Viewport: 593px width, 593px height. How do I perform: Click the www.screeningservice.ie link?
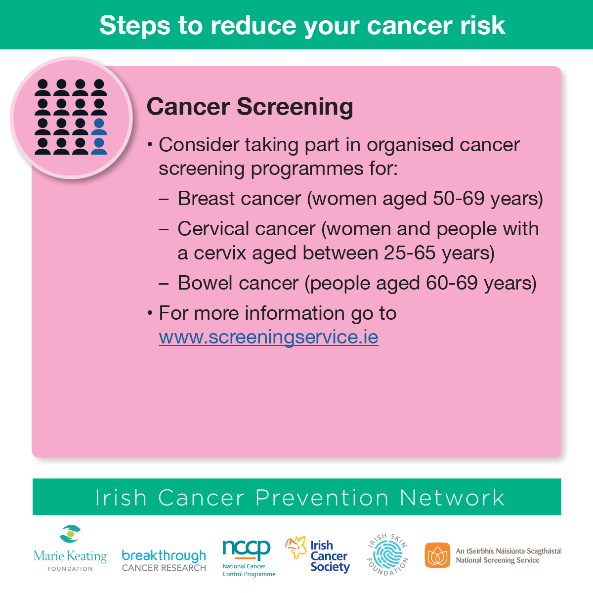268,338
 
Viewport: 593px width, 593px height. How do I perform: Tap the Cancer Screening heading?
250,107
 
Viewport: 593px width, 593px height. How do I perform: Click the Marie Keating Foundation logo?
70,548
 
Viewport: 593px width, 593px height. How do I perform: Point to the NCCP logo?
249,558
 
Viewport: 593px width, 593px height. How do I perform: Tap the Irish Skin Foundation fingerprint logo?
388,554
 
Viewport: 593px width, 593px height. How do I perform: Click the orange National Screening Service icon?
437,555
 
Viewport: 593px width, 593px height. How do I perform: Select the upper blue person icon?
99,127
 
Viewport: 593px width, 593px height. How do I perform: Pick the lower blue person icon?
99,146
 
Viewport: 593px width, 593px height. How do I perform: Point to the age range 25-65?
410,253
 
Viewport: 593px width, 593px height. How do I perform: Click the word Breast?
206,198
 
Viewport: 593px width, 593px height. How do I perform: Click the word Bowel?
205,283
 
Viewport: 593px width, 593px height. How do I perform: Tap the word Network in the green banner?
452,498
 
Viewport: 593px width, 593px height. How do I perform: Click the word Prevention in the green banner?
322,498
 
